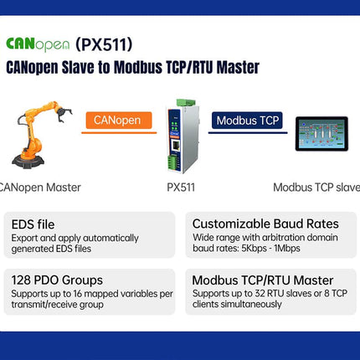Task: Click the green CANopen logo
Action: coord(38,44)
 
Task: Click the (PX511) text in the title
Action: coord(104,44)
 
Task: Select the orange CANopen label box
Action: coord(118,120)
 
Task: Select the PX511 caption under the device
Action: coord(181,188)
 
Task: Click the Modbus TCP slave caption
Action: coord(316,188)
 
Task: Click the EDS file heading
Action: coord(34,224)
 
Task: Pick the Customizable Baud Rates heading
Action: coord(265,224)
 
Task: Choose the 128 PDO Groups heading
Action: coord(57,280)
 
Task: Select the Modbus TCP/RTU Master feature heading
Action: coord(263,280)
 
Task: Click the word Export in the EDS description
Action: coord(25,237)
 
